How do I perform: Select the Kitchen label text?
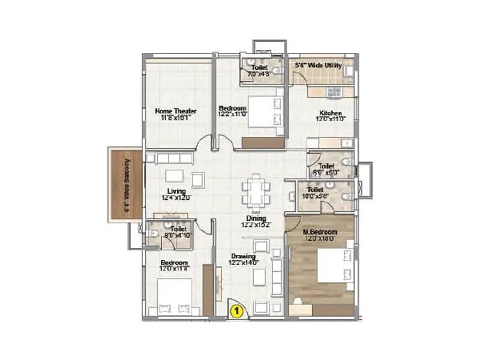330,113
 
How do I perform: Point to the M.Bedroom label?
319,232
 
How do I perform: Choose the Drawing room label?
244,256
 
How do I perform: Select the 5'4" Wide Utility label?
318,64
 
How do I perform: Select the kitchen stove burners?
334,92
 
